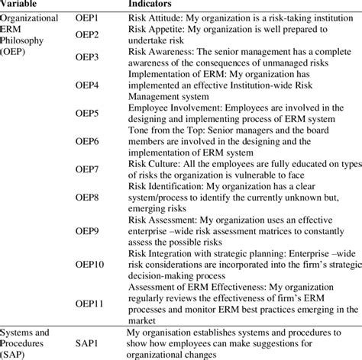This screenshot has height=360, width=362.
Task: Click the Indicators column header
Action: (x=168, y=5)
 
